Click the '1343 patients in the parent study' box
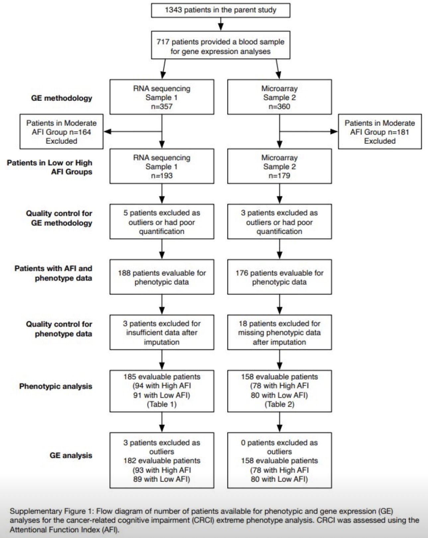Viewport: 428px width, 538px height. (221, 10)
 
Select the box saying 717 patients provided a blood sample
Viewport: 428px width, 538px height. (221, 45)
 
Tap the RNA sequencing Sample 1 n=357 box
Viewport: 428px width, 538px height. (162, 97)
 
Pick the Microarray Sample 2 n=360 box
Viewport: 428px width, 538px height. (280, 97)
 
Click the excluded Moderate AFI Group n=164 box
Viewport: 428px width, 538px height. (61, 132)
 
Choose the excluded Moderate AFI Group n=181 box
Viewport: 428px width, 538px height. (380, 132)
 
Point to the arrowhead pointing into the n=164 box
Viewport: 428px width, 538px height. (108, 132)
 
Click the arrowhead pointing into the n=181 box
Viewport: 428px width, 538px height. (334, 132)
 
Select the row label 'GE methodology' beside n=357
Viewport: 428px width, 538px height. (61, 98)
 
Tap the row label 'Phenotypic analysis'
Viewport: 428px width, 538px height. (56, 386)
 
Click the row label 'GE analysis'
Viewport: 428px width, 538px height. (71, 455)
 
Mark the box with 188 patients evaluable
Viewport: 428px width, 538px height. (162, 277)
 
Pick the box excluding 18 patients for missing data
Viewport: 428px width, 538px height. (280, 332)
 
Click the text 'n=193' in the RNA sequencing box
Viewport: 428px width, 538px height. (162, 175)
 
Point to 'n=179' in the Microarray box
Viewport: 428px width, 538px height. (280, 175)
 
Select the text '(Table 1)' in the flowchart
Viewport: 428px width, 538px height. (162, 404)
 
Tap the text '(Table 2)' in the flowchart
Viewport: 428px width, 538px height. (280, 404)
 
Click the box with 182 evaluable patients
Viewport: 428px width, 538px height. (162, 461)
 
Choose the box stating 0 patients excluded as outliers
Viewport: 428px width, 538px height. (280, 461)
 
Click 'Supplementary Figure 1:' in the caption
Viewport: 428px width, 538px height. (52, 511)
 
